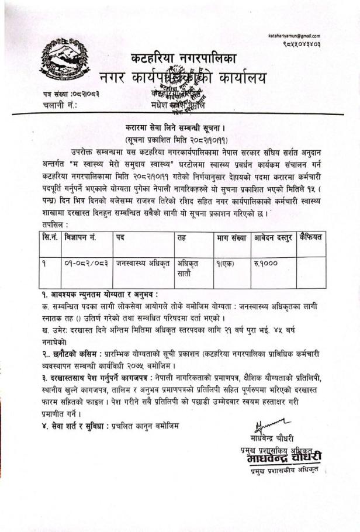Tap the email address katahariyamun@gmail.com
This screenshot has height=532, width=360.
295,37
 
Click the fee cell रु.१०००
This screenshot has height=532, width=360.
266,264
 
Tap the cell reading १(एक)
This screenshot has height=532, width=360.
224,264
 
